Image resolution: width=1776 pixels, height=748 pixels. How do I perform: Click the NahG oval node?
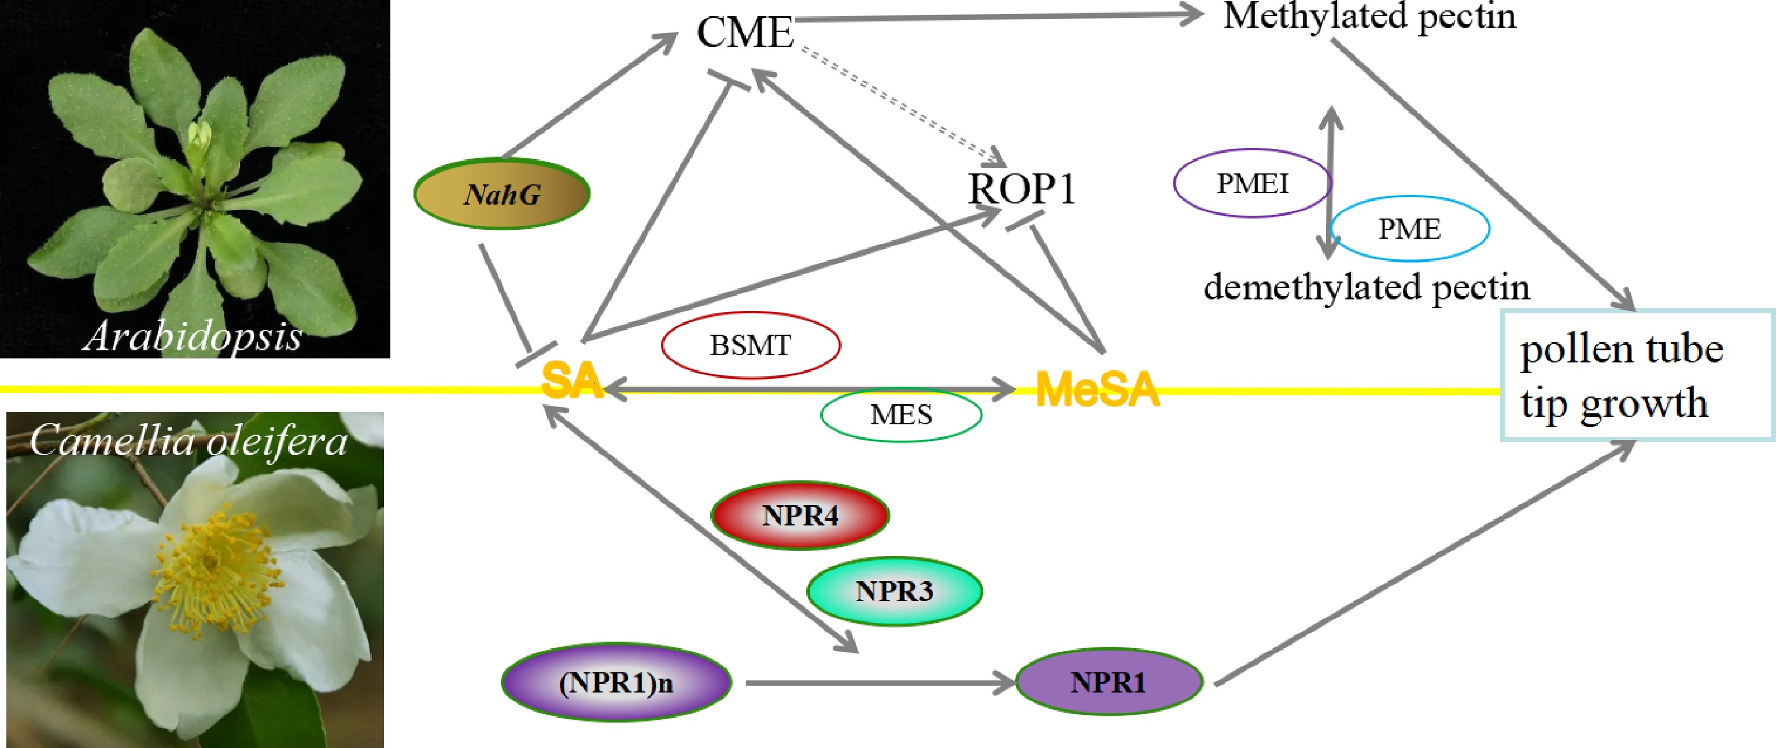click(x=502, y=194)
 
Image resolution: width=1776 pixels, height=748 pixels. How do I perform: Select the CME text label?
click(x=745, y=32)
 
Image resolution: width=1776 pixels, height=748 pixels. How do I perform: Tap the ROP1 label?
click(x=1021, y=189)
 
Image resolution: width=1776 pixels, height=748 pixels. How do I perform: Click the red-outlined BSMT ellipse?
click(x=750, y=345)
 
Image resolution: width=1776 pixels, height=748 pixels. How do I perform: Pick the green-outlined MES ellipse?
click(x=900, y=414)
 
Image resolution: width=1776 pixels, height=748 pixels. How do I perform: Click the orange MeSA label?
click(x=1097, y=390)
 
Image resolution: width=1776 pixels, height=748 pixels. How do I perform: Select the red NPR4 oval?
click(x=800, y=516)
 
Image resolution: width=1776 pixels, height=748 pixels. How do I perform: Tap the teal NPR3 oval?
click(x=894, y=591)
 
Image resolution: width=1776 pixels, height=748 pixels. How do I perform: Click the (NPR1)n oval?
click(x=616, y=683)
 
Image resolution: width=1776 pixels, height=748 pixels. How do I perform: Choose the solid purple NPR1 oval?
click(x=1108, y=683)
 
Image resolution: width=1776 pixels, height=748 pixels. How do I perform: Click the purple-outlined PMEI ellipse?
click(x=1252, y=183)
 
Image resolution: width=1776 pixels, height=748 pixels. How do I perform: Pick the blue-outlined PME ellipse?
click(x=1409, y=229)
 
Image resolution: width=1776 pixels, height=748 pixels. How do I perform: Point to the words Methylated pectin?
click(x=1369, y=17)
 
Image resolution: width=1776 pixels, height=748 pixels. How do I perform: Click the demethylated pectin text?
click(x=1366, y=287)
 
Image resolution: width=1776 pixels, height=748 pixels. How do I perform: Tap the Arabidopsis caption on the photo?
click(x=193, y=336)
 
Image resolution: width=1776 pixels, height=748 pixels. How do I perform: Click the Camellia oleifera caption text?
click(x=188, y=440)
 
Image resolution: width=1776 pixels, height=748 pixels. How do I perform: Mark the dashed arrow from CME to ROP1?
click(x=900, y=107)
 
